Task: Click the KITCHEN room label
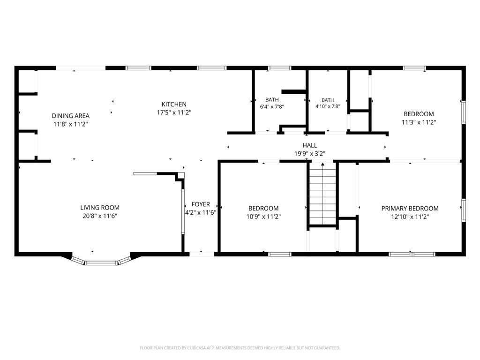point(174,105)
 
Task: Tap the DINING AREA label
point(70,116)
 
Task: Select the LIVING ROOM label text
point(100,208)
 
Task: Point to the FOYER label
point(201,204)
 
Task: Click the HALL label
point(310,145)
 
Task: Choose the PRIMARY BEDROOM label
point(410,209)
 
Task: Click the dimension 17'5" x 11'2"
point(174,112)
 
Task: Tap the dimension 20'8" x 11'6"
point(100,216)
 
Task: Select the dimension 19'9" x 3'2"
point(310,154)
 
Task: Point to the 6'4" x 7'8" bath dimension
point(272,106)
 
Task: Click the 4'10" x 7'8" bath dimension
point(328,106)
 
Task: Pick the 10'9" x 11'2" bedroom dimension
point(263,217)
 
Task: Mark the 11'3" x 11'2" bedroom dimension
point(419,122)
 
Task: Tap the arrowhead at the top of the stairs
point(322,165)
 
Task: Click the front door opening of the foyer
point(202,254)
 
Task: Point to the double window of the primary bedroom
point(412,254)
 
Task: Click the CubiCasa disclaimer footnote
point(240,348)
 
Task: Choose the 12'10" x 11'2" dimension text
point(410,217)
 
